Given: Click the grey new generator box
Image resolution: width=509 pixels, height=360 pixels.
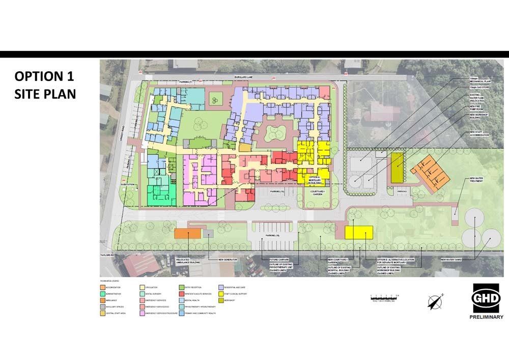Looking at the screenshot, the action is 208,233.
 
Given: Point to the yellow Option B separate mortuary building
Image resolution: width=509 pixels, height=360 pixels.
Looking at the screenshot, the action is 359,232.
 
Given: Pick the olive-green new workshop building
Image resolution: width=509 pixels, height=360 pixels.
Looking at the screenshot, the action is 397,168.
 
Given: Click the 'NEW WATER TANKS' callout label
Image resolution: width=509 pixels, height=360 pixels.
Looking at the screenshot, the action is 451,260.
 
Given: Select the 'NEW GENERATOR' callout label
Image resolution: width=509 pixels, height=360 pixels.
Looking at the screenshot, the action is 228,260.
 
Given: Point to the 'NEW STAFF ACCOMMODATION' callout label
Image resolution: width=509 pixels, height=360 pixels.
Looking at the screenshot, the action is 478,134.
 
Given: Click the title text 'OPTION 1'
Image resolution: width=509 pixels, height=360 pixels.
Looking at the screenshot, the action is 44,76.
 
